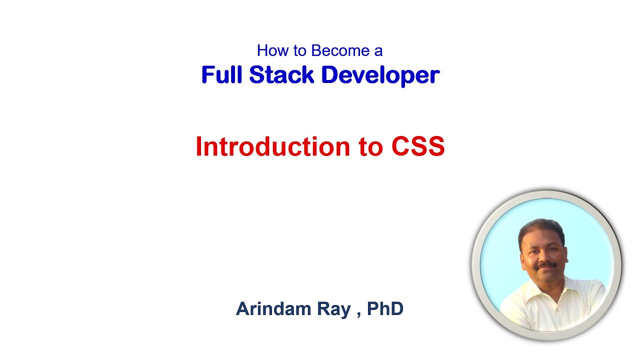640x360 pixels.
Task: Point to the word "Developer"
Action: (x=380, y=75)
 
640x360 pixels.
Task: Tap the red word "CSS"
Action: (x=418, y=147)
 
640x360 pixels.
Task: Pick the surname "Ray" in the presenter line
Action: (x=333, y=309)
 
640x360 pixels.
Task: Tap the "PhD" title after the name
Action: (x=385, y=309)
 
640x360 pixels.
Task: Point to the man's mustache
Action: (x=547, y=264)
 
